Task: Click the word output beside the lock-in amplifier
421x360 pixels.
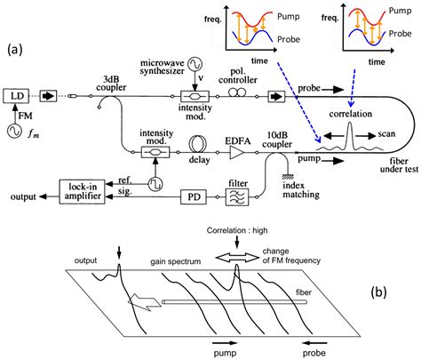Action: point(20,191)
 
